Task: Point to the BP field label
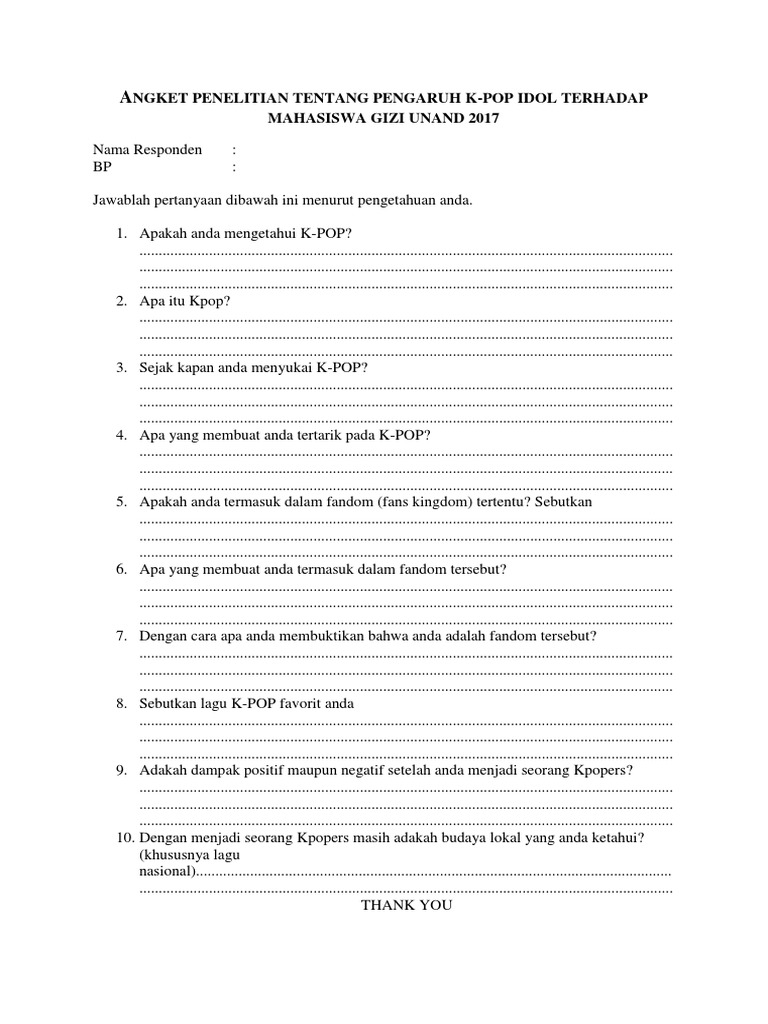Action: (x=102, y=167)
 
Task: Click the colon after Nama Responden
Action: (x=234, y=150)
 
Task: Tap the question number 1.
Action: (x=120, y=233)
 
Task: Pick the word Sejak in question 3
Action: (x=158, y=368)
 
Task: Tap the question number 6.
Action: (x=120, y=569)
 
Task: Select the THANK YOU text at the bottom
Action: (x=406, y=905)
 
